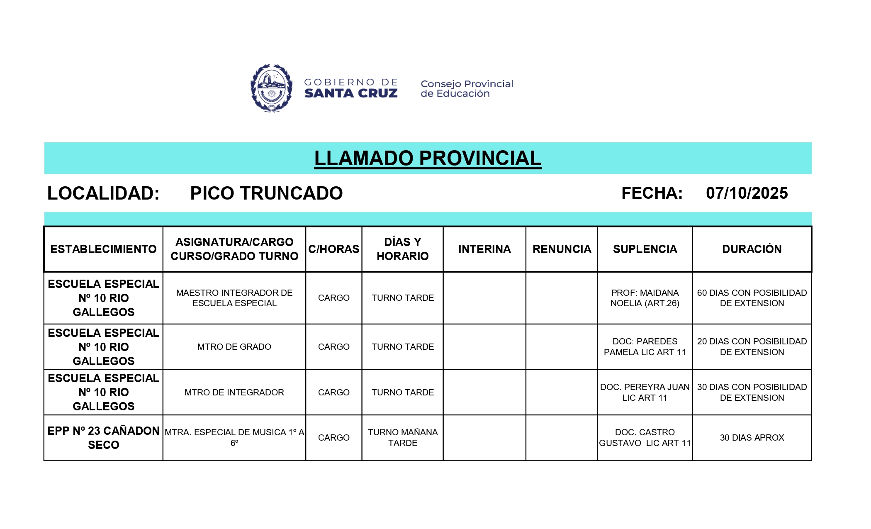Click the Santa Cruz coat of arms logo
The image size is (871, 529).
(x=271, y=88)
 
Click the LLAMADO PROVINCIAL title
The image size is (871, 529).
(x=428, y=158)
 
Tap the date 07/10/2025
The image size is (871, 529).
(x=747, y=193)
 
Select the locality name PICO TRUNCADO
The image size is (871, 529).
(x=266, y=193)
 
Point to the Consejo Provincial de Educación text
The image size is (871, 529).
(x=467, y=89)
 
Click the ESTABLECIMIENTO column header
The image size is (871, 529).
(x=103, y=249)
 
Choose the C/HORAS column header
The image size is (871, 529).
(x=333, y=249)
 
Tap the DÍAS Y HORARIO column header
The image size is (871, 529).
(x=402, y=249)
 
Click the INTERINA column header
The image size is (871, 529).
(x=484, y=249)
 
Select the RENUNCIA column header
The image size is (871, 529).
(x=562, y=249)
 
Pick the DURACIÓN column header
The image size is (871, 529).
(x=752, y=249)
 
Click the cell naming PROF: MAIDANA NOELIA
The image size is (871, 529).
(x=645, y=298)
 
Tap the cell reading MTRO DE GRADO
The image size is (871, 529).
(x=234, y=347)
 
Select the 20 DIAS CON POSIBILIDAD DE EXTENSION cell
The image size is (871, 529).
(x=752, y=347)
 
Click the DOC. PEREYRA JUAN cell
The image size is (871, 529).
(x=645, y=392)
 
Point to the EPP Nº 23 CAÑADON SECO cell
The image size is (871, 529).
(x=103, y=438)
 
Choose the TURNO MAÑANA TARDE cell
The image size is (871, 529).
(x=402, y=438)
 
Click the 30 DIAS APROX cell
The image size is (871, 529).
(x=752, y=438)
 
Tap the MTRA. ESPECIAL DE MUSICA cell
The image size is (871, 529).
(x=234, y=438)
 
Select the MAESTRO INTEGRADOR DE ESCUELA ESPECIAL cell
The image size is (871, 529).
(x=234, y=298)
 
